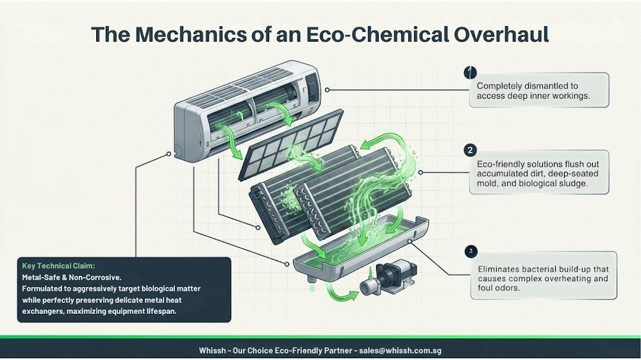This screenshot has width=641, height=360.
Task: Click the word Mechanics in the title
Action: click(191, 34)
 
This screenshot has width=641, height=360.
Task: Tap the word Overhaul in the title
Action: click(501, 34)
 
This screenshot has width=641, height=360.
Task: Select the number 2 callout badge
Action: click(470, 151)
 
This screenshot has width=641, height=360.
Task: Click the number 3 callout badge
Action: click(471, 251)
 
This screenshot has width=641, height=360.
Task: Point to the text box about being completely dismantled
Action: click(539, 90)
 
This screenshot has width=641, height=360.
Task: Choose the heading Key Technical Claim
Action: click(58, 266)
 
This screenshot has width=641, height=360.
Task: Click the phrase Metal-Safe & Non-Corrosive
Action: click(72, 277)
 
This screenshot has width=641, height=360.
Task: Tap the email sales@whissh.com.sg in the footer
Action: click(400, 350)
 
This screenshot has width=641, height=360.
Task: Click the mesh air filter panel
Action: click(290, 145)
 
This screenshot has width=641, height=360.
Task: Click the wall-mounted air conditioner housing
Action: click(247, 110)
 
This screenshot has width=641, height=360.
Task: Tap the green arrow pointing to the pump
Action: click(342, 293)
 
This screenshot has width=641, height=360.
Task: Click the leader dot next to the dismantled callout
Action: click(327, 90)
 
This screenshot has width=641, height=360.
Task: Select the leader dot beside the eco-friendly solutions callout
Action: click(420, 172)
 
